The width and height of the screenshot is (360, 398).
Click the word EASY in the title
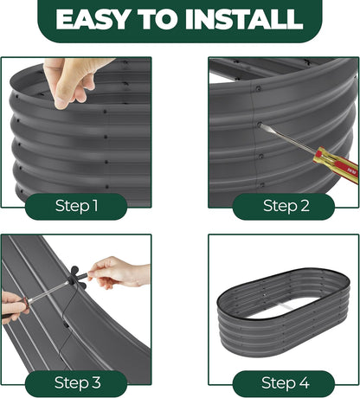point(93,19)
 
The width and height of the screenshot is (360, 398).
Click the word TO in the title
point(157,19)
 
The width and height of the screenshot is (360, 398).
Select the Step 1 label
point(76,206)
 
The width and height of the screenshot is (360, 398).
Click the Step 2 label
point(286,206)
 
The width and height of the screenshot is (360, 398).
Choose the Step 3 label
point(78,383)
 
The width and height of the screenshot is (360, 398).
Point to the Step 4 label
point(285,383)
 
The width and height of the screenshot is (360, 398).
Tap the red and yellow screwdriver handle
point(336,165)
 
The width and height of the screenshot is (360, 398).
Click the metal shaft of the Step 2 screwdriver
point(287,139)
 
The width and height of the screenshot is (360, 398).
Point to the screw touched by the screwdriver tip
point(260,125)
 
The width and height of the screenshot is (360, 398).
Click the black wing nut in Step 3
point(75,277)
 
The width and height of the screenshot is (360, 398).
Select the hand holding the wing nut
point(119,273)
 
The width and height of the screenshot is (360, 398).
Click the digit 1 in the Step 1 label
point(95,206)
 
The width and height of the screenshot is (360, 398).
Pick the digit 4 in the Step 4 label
point(304,382)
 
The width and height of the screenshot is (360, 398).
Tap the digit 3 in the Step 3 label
point(96,382)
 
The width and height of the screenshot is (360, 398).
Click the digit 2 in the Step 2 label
point(305,206)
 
